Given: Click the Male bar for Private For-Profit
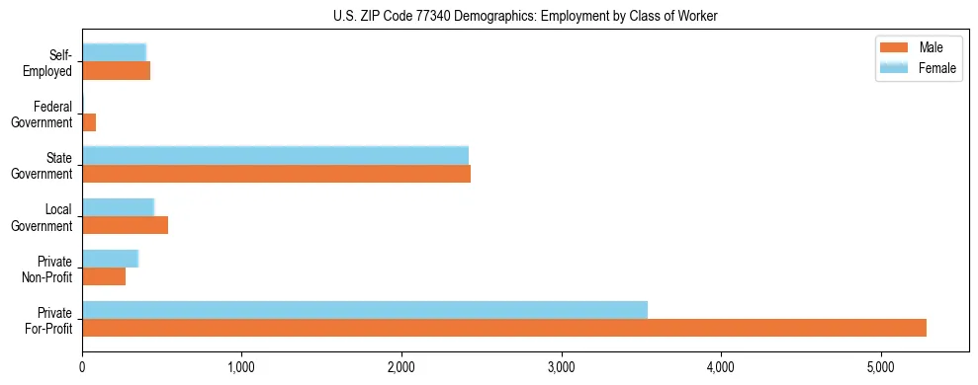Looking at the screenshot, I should point(504,328).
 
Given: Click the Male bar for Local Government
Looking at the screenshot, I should point(125,225).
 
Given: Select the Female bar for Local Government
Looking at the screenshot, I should point(118,206).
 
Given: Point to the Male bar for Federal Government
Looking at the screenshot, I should point(89,122).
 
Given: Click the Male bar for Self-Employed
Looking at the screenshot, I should point(116,71).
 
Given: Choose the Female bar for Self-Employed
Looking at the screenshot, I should point(114,52).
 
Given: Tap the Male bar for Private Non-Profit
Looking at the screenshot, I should point(104,276).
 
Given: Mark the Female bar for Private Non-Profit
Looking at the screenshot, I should point(110,259).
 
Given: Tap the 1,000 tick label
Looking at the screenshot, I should point(242,367).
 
